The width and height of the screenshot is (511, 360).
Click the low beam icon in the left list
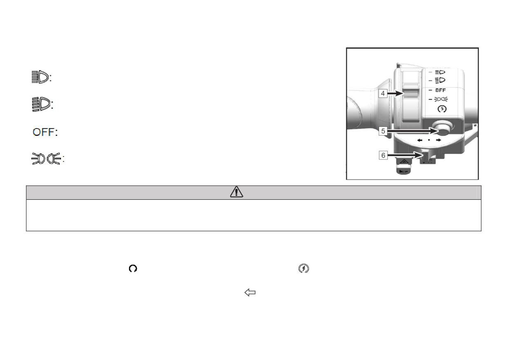tap(41, 104)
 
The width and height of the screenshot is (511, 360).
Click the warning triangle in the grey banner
tap(237, 192)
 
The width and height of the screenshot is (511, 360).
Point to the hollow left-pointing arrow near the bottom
tap(250, 292)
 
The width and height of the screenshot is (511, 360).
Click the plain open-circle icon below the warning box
tap(133, 269)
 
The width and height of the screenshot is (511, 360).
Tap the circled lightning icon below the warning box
tap(304, 268)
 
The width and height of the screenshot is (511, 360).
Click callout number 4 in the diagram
tap(382, 94)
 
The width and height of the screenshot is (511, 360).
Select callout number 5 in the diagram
tap(383, 131)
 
